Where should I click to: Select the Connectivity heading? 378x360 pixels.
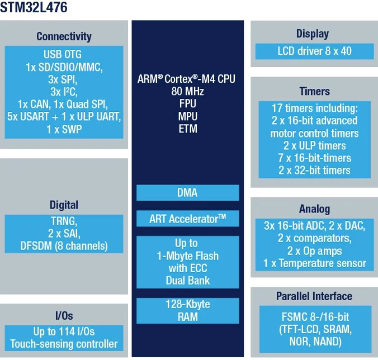[x=64, y=36]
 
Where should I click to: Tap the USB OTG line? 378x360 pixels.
[x=63, y=54]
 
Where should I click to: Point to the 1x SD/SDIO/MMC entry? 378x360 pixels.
[x=64, y=67]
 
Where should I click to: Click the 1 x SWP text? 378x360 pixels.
[x=63, y=129]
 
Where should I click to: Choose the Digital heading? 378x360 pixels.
[x=64, y=205]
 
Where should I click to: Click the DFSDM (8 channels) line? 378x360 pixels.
[x=64, y=245]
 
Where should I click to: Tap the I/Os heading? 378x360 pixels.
[x=64, y=316]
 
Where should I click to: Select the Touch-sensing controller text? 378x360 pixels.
[x=64, y=344]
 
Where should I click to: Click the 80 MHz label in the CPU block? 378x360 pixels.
[x=187, y=91]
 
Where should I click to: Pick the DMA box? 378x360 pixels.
[x=187, y=193]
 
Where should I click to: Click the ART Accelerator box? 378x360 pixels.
[x=187, y=219]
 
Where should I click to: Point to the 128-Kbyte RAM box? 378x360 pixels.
[x=187, y=311]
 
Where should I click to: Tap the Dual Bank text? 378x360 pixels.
[x=187, y=281]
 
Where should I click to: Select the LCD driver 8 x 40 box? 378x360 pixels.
[x=314, y=51]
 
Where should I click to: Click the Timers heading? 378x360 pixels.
[x=314, y=91]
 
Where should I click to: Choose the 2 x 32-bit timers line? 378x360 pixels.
[x=314, y=170]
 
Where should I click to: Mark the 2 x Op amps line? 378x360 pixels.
[x=314, y=250]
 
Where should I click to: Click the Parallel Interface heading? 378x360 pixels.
[x=314, y=296]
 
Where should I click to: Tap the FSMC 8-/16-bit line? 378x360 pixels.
[x=314, y=316]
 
